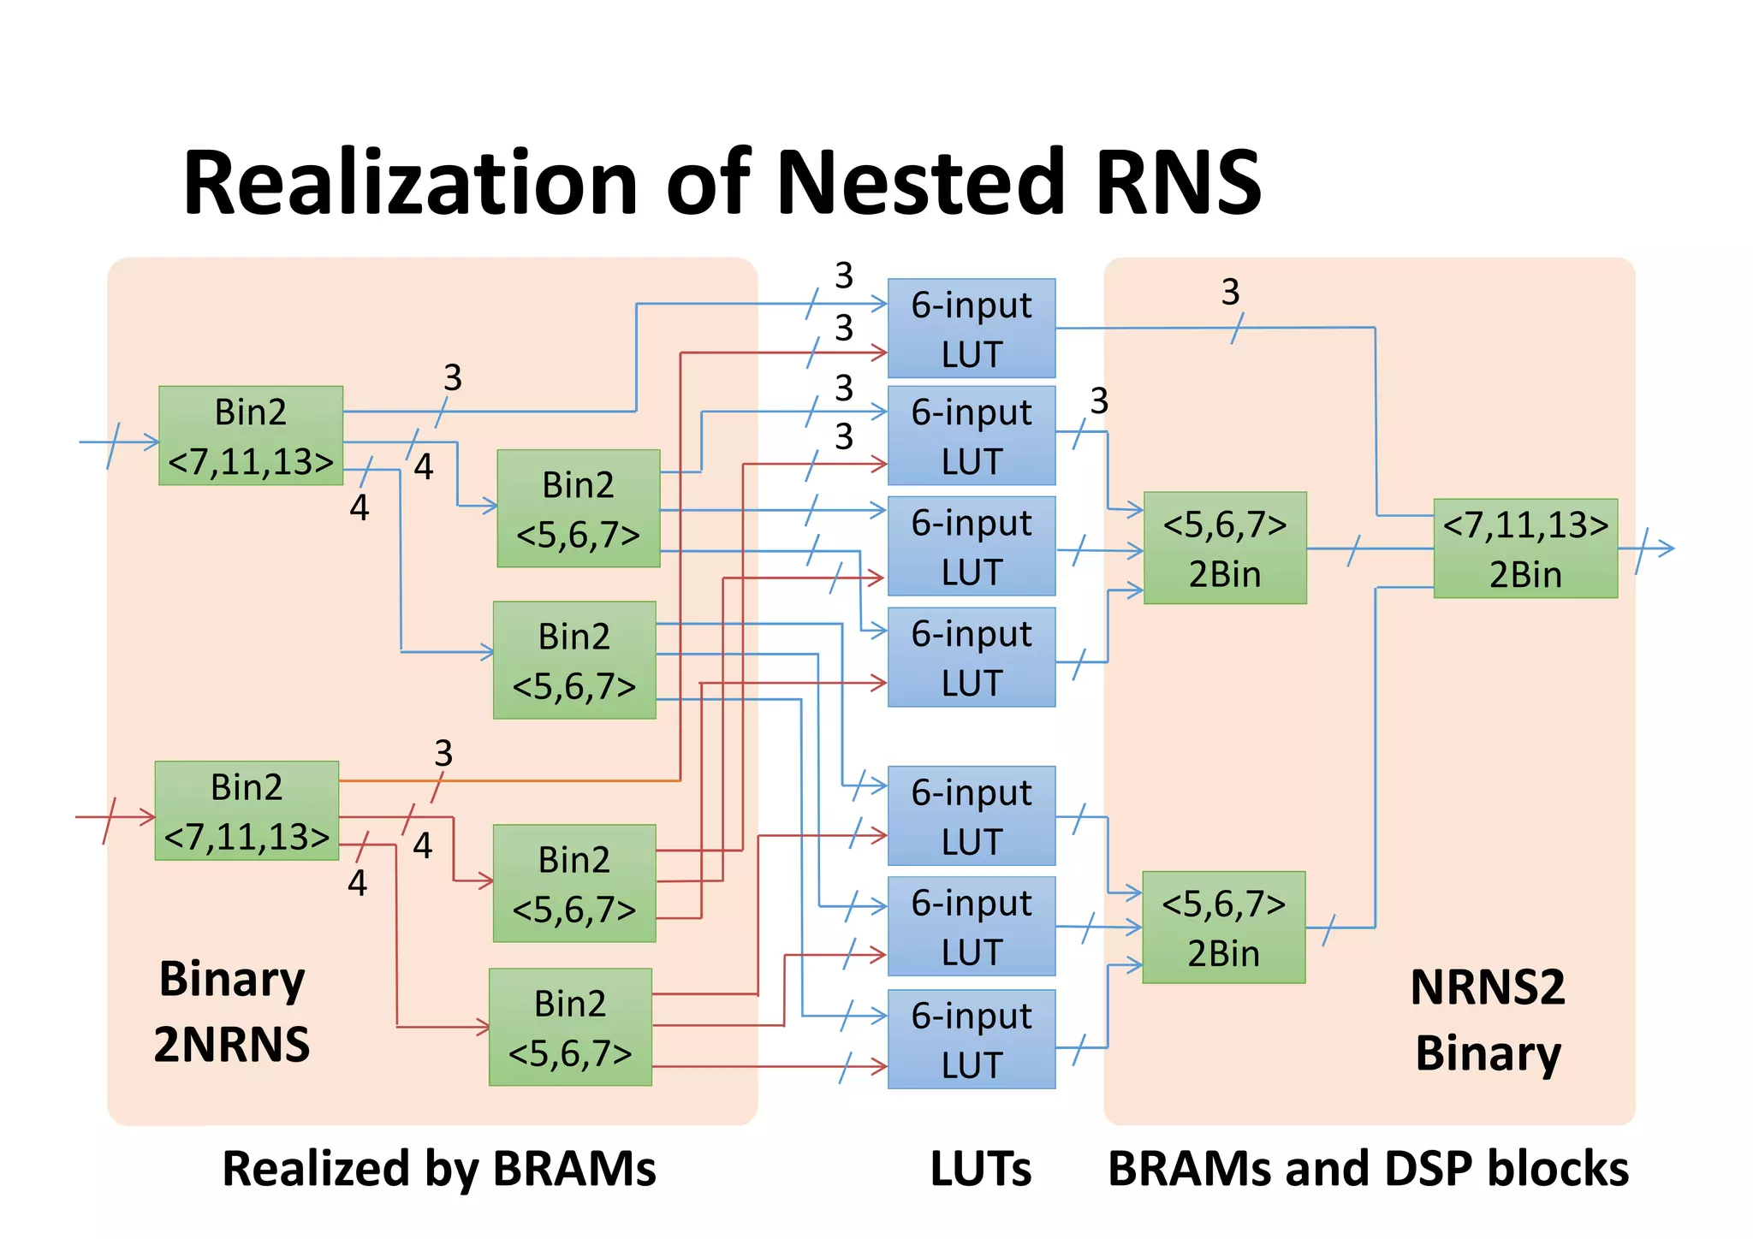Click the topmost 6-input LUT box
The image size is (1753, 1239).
pos(971,329)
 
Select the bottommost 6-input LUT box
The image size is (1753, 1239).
pos(971,1039)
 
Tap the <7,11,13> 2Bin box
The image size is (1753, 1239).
pos(1524,548)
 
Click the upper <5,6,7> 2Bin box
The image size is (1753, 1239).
pos(1225,548)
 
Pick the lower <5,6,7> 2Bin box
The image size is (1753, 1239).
pos(1223,928)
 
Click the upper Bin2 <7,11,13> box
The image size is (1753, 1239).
pos(251,436)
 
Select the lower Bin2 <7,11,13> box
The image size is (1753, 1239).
pos(247,810)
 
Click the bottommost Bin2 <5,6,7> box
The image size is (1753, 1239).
pos(570,1027)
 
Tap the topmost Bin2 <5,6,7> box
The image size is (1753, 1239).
pos(578,508)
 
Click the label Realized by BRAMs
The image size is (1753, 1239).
pos(438,1169)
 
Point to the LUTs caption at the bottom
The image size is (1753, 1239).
pos(980,1169)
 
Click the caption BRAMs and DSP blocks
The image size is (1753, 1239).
pos(1368,1169)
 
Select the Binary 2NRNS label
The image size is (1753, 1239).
pos(231,1011)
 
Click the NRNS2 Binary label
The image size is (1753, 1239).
pos(1488,1020)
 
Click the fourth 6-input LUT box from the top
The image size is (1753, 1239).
pos(971,657)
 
